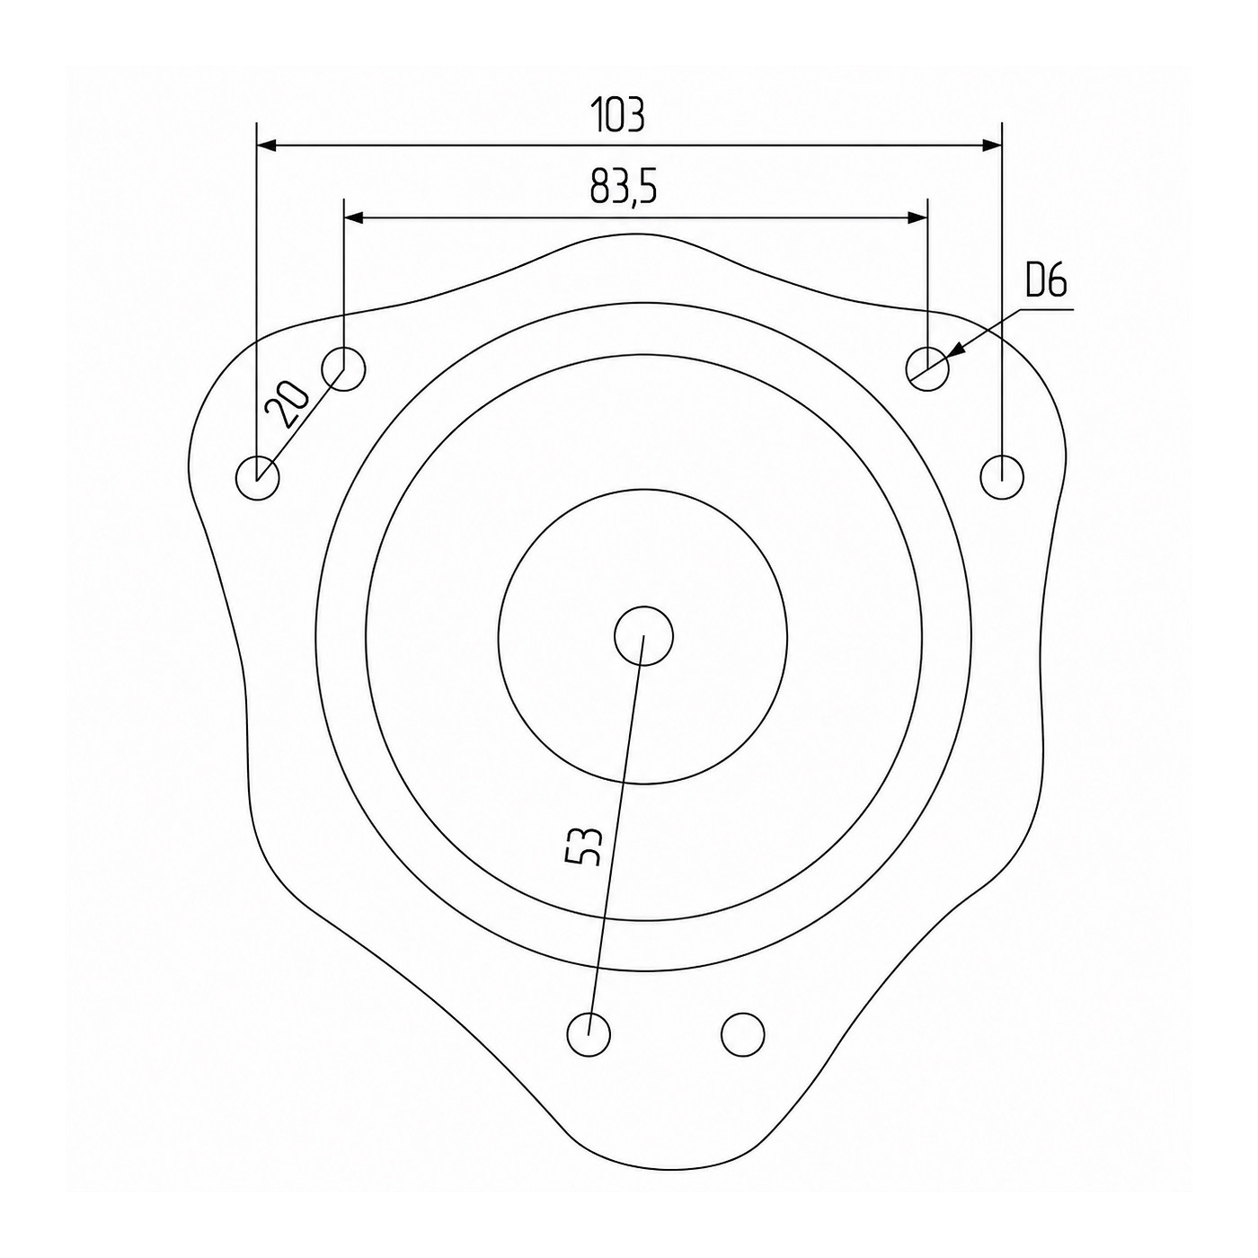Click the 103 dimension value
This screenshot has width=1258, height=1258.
617,116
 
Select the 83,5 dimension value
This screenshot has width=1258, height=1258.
624,187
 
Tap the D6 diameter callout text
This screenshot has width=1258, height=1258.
1046,281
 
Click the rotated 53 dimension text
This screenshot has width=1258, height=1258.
582,847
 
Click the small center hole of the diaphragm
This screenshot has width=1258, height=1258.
643,636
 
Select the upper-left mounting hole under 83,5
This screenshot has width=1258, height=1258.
344,369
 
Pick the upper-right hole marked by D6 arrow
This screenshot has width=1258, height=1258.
927,369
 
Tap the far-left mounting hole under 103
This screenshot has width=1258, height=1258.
257,477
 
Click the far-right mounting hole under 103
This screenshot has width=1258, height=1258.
1002,476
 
